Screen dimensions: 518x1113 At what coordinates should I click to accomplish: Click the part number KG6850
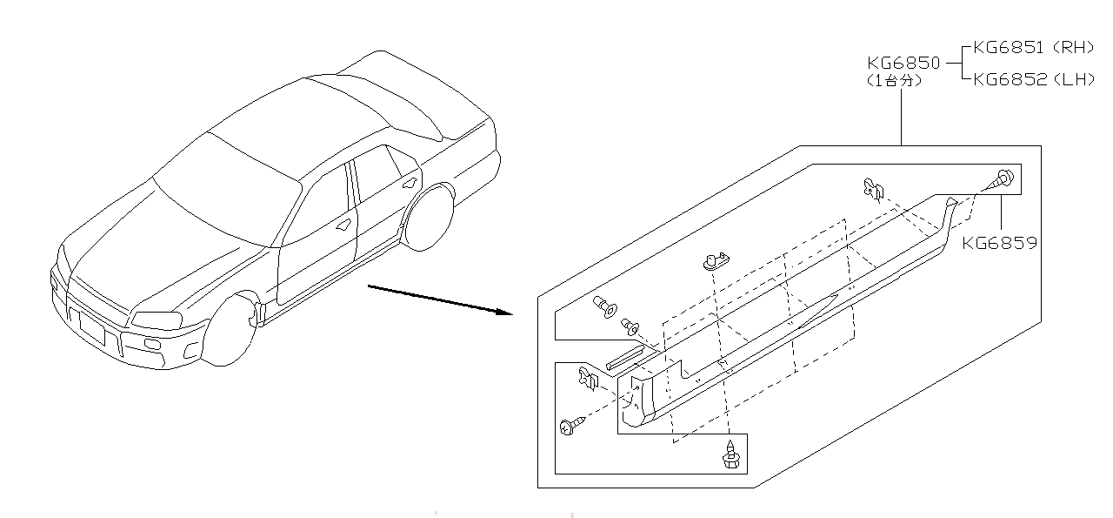tap(903, 64)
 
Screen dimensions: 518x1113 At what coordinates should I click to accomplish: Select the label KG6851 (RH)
tap(1033, 48)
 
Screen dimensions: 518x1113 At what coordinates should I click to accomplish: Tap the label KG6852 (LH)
tap(1033, 79)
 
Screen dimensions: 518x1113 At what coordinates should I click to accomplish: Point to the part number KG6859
tap(999, 243)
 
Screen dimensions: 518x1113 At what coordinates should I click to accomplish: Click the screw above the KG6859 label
tap(1001, 179)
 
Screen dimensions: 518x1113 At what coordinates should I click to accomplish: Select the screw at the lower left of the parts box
tap(569, 426)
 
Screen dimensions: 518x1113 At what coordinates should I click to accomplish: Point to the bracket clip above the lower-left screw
tap(590, 378)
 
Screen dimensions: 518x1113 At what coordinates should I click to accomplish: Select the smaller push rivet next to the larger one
tap(630, 328)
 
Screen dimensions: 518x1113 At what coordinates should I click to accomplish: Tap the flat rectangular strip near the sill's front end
tap(624, 356)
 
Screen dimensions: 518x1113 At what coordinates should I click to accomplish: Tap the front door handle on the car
tap(344, 224)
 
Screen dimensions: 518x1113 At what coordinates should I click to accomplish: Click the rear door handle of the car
tap(409, 183)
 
